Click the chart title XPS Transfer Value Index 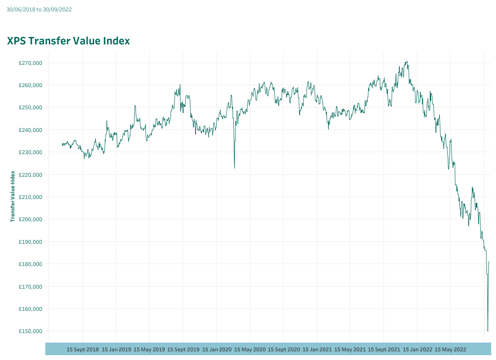click(x=68, y=41)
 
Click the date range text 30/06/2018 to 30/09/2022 click(x=39, y=9)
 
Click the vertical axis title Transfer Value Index click(x=13, y=196)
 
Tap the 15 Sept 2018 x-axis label click(x=83, y=349)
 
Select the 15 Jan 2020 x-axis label click(x=217, y=349)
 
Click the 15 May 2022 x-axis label click(x=451, y=349)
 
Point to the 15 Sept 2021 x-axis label click(x=384, y=349)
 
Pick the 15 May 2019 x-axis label click(x=149, y=349)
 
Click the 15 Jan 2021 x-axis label click(x=317, y=349)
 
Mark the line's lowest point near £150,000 click(x=488, y=331)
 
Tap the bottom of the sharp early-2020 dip click(x=234, y=168)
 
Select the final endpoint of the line click(x=489, y=262)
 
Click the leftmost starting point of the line click(x=62, y=145)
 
